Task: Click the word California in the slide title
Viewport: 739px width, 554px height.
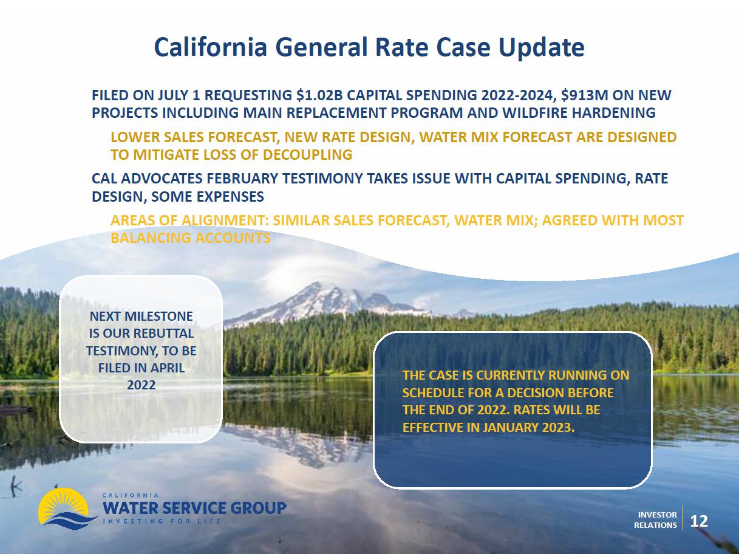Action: (211, 47)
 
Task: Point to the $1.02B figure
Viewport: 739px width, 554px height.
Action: (319, 95)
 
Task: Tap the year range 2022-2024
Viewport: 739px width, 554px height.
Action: (517, 95)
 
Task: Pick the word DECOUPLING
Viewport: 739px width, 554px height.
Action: (307, 155)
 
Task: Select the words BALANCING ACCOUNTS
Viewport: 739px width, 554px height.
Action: (191, 238)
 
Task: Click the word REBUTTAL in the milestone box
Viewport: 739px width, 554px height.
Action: (163, 333)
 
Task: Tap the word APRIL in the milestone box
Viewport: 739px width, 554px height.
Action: (168, 368)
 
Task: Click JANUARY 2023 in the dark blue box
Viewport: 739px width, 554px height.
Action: (528, 428)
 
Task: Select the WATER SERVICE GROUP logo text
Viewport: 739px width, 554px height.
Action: (194, 508)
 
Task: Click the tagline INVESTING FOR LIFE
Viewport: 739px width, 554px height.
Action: (162, 522)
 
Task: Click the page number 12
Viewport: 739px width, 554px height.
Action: (699, 521)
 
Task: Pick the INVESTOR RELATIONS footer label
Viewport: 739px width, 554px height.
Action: (655, 520)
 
